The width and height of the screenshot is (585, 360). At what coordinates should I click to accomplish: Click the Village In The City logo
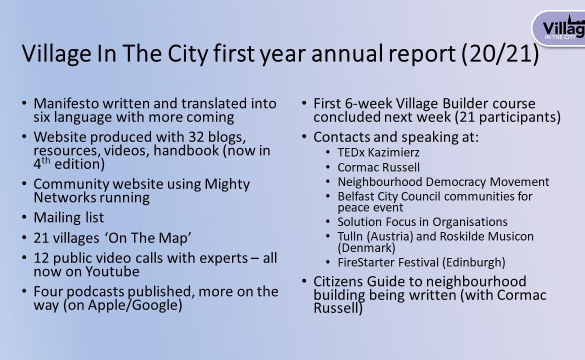tap(558, 28)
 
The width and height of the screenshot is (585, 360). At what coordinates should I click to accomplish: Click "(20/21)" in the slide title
tap(500, 54)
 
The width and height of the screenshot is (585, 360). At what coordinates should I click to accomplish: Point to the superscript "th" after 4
tap(45, 160)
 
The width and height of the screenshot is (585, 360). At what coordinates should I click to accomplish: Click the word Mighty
tap(227, 184)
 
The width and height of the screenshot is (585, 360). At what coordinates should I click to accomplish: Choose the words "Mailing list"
tap(68, 217)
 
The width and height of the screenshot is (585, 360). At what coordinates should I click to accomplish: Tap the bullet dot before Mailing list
tap(24, 217)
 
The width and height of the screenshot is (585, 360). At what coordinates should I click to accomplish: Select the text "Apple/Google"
tap(134, 305)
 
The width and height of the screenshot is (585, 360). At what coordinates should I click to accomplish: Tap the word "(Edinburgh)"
tap(474, 262)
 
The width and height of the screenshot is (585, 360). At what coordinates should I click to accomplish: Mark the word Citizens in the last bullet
tap(338, 281)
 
